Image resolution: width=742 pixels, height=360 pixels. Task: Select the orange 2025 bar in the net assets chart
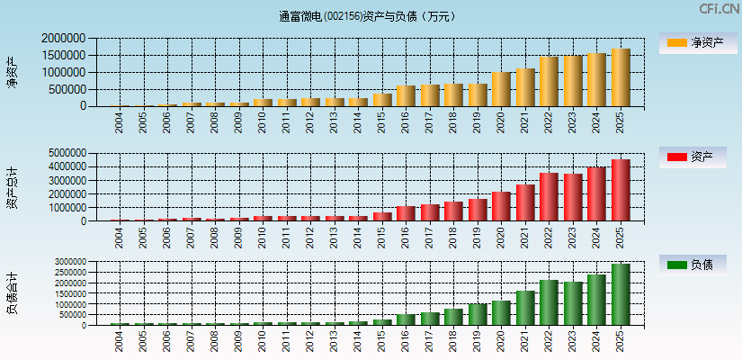tap(621, 77)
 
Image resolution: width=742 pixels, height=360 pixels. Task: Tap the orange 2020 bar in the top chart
tap(501, 89)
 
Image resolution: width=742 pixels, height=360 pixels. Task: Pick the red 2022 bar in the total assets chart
tap(549, 197)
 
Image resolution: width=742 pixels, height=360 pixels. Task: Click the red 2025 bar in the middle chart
tap(621, 191)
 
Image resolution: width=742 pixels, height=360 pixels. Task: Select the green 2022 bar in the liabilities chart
tap(549, 302)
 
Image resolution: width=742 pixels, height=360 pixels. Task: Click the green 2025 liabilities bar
tap(621, 294)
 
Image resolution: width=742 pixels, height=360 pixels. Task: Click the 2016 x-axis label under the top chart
tap(406, 120)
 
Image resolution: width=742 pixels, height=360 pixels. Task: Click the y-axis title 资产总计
tap(12, 187)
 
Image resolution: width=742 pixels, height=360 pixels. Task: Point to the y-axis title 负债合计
tap(12, 293)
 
